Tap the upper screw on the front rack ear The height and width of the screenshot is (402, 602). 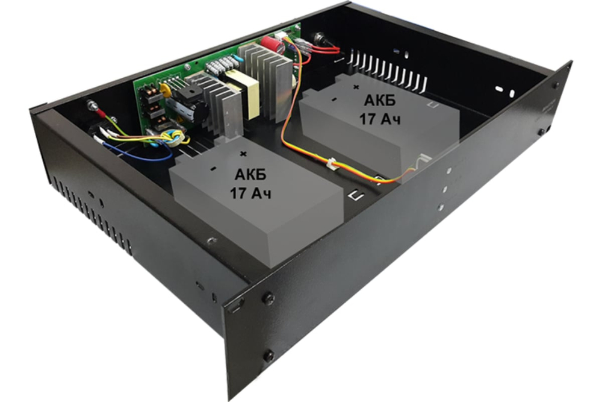pyautogui.click(x=268, y=297)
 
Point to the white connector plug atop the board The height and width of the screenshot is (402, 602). pyautogui.click(x=281, y=36)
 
